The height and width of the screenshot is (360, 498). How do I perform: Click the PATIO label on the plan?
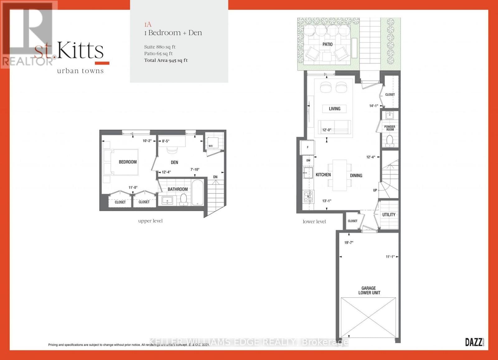327,45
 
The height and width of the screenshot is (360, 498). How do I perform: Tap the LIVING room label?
335,109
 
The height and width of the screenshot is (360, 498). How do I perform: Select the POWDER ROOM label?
389,128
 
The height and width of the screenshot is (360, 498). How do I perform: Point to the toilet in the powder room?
389,141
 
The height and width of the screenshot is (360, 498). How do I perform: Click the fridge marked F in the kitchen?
308,147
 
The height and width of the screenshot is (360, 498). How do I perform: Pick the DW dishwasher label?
308,160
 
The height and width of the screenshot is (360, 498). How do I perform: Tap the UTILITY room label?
389,215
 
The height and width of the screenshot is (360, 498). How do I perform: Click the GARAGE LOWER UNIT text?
369,291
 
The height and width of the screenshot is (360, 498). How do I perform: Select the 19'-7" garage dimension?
349,243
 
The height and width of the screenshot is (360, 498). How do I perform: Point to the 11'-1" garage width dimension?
390,257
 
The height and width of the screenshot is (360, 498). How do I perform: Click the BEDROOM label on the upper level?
128,162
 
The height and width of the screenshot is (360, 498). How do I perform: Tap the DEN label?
174,162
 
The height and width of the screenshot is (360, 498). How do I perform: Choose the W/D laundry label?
211,146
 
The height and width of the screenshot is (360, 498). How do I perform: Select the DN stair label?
215,177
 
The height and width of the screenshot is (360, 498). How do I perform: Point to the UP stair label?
375,190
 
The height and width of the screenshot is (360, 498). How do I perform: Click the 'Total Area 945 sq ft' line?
166,60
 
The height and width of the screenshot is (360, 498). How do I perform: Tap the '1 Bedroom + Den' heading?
173,33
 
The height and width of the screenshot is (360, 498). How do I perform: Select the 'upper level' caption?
150,221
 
